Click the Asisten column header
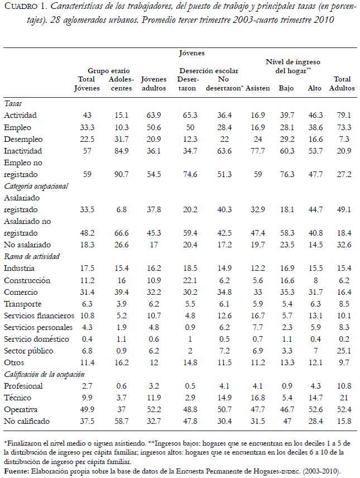point(258,88)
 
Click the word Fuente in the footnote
point(16,471)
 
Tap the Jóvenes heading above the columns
point(191,53)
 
